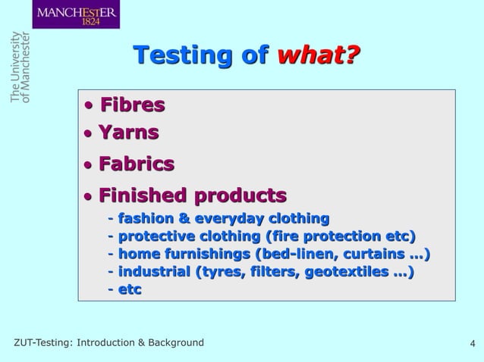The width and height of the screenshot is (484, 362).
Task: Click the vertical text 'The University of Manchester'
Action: (20, 69)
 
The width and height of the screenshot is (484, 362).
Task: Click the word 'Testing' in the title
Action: (181, 55)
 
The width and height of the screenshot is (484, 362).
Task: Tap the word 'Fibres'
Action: (133, 104)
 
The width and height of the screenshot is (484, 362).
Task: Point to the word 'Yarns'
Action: (129, 133)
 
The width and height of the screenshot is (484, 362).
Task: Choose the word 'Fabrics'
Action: (137, 164)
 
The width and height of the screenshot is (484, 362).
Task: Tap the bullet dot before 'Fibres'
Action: (90, 105)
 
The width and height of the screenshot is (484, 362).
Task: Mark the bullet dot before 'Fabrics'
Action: (88, 165)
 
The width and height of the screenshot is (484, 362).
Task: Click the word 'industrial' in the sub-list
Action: (154, 271)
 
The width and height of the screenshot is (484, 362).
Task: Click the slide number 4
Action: (473, 344)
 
